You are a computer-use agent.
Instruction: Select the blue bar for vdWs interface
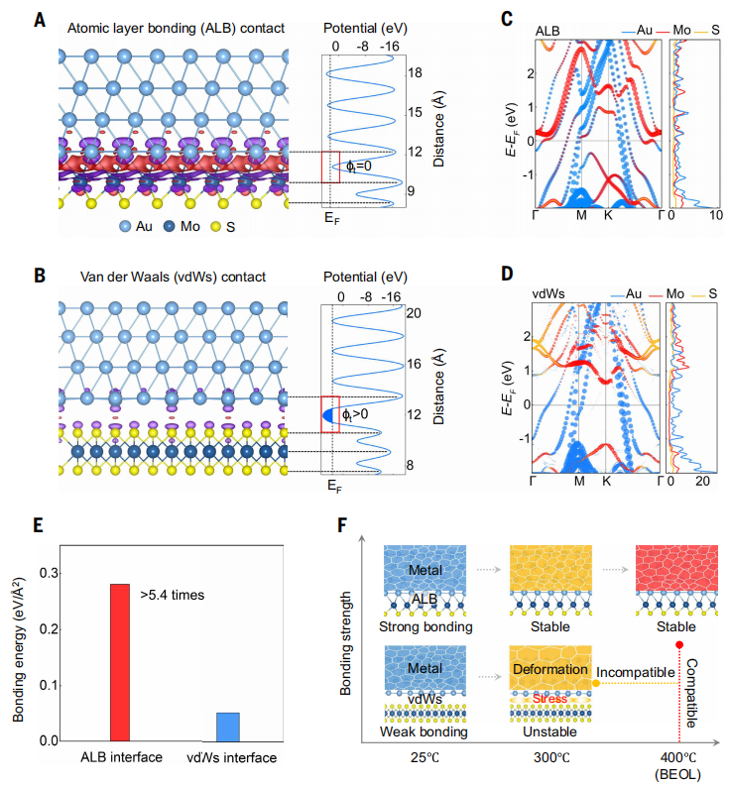pos(228,726)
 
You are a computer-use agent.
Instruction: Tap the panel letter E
pos(40,522)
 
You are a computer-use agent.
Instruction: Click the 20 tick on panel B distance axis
pos(416,312)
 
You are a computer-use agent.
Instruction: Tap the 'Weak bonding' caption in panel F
pos(424,730)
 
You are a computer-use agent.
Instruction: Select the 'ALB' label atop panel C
pos(547,30)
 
